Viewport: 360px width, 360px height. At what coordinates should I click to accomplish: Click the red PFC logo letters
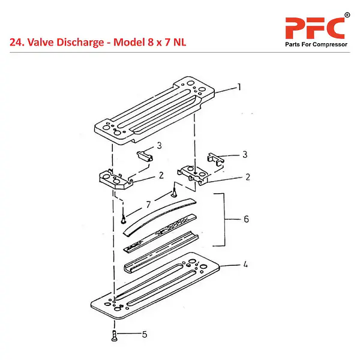315,28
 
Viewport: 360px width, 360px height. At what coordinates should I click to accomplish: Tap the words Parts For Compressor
316,44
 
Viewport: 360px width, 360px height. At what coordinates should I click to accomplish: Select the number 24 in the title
16,43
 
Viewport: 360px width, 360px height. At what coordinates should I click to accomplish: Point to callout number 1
239,87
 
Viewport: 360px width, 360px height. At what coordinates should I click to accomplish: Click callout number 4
245,265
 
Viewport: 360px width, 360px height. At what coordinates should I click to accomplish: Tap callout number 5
145,334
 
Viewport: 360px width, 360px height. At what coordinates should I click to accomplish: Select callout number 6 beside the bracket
246,219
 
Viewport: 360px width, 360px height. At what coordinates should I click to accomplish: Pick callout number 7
148,205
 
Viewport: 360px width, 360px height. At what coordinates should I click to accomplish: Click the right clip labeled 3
215,159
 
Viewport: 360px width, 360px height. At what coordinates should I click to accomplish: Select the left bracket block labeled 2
116,179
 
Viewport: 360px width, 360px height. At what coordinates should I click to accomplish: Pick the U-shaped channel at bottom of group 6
161,253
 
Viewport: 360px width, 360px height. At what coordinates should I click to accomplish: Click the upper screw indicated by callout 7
175,193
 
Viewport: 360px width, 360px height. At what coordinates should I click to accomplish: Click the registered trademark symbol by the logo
347,16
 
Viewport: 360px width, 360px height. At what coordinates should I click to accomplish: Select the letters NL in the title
180,43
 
